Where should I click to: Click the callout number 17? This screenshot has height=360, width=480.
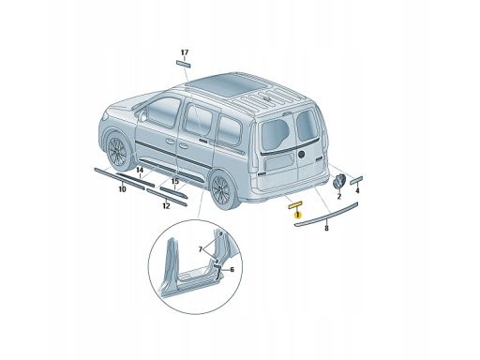(185, 52)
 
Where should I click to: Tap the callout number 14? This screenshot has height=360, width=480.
(140, 170)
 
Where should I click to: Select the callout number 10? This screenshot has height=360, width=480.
(122, 189)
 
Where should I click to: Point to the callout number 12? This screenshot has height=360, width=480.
(166, 206)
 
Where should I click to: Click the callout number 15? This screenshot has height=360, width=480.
(174, 181)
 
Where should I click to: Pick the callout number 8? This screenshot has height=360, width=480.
(326, 229)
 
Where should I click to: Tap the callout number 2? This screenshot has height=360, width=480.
(339, 197)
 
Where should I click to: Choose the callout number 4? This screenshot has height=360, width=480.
(357, 190)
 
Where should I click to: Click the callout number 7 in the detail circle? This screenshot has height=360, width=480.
(201, 249)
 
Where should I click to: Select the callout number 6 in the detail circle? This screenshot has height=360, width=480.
(232, 269)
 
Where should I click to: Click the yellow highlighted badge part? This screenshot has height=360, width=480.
(295, 204)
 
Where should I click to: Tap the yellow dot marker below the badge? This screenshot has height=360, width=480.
(297, 215)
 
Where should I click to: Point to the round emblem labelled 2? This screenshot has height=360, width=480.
(338, 182)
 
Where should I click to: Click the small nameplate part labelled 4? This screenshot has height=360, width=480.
(356, 180)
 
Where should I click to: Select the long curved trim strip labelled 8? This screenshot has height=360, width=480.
(326, 214)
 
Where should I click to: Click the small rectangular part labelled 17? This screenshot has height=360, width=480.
(184, 64)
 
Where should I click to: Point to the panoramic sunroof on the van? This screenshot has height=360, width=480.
(227, 83)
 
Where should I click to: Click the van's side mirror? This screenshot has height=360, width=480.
(143, 115)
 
